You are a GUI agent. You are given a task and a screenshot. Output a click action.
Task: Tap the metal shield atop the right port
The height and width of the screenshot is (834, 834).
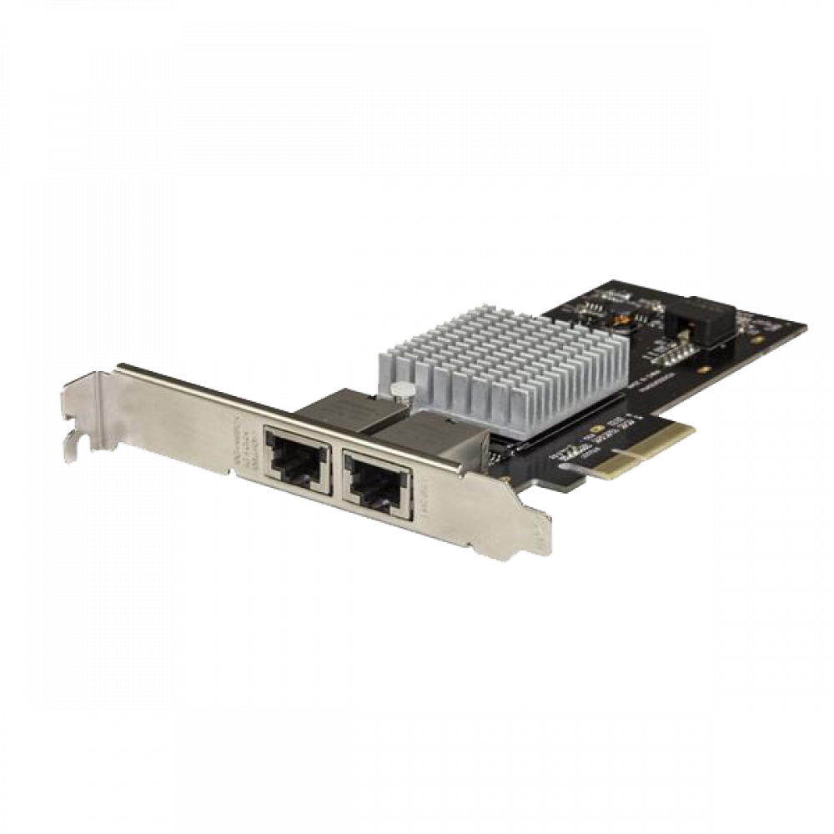(434, 434)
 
